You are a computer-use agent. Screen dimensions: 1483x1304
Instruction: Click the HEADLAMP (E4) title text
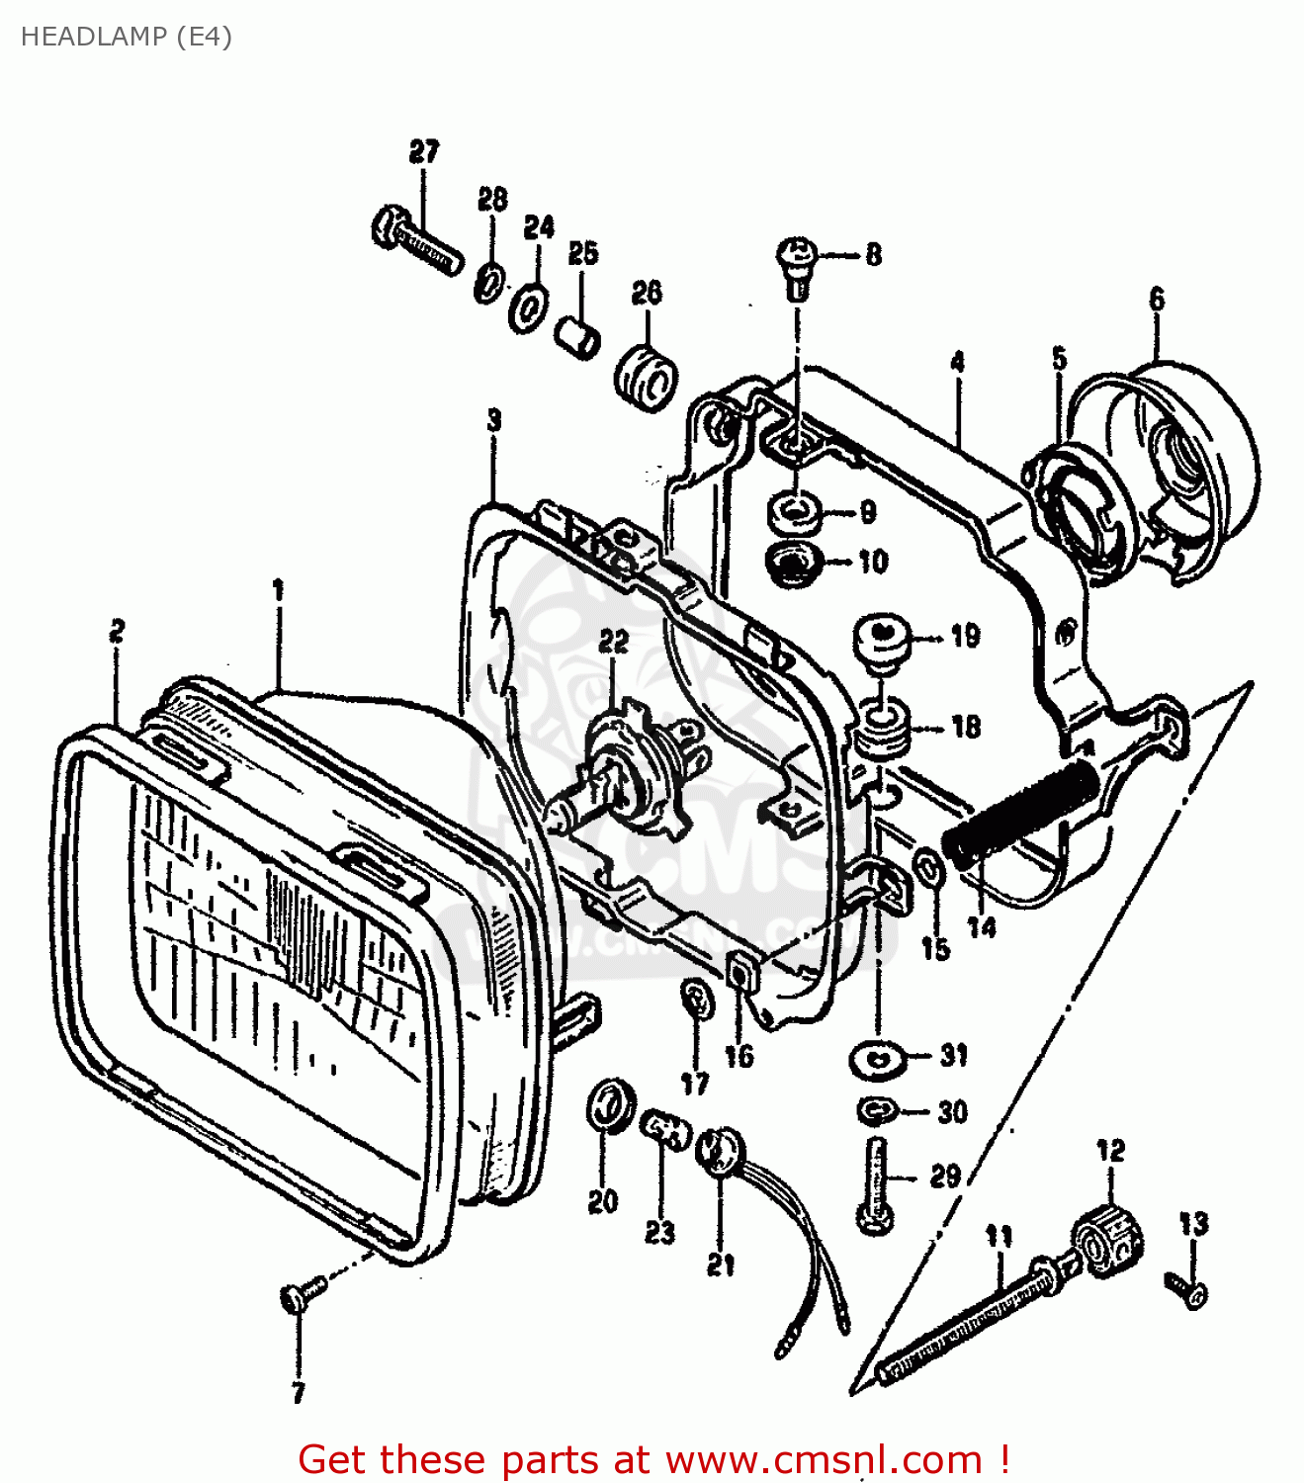click(126, 37)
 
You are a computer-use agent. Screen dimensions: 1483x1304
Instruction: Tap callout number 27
click(423, 152)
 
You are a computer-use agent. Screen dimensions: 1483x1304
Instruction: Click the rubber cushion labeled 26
click(647, 377)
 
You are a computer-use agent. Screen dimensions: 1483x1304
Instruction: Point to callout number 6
click(1157, 299)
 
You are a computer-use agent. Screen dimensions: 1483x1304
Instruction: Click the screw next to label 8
click(797, 264)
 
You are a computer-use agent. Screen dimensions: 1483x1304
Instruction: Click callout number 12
click(1110, 1151)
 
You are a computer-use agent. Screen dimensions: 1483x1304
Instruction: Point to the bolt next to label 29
click(876, 1185)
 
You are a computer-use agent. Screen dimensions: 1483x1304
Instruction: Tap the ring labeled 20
click(609, 1104)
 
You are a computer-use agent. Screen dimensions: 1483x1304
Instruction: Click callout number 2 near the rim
click(117, 631)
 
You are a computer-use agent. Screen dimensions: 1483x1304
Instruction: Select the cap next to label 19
click(882, 638)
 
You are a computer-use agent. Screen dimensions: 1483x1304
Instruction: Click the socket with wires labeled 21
click(721, 1152)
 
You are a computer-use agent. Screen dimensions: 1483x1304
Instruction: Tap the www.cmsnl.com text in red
click(824, 1460)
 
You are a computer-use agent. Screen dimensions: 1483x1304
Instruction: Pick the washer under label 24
click(531, 306)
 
